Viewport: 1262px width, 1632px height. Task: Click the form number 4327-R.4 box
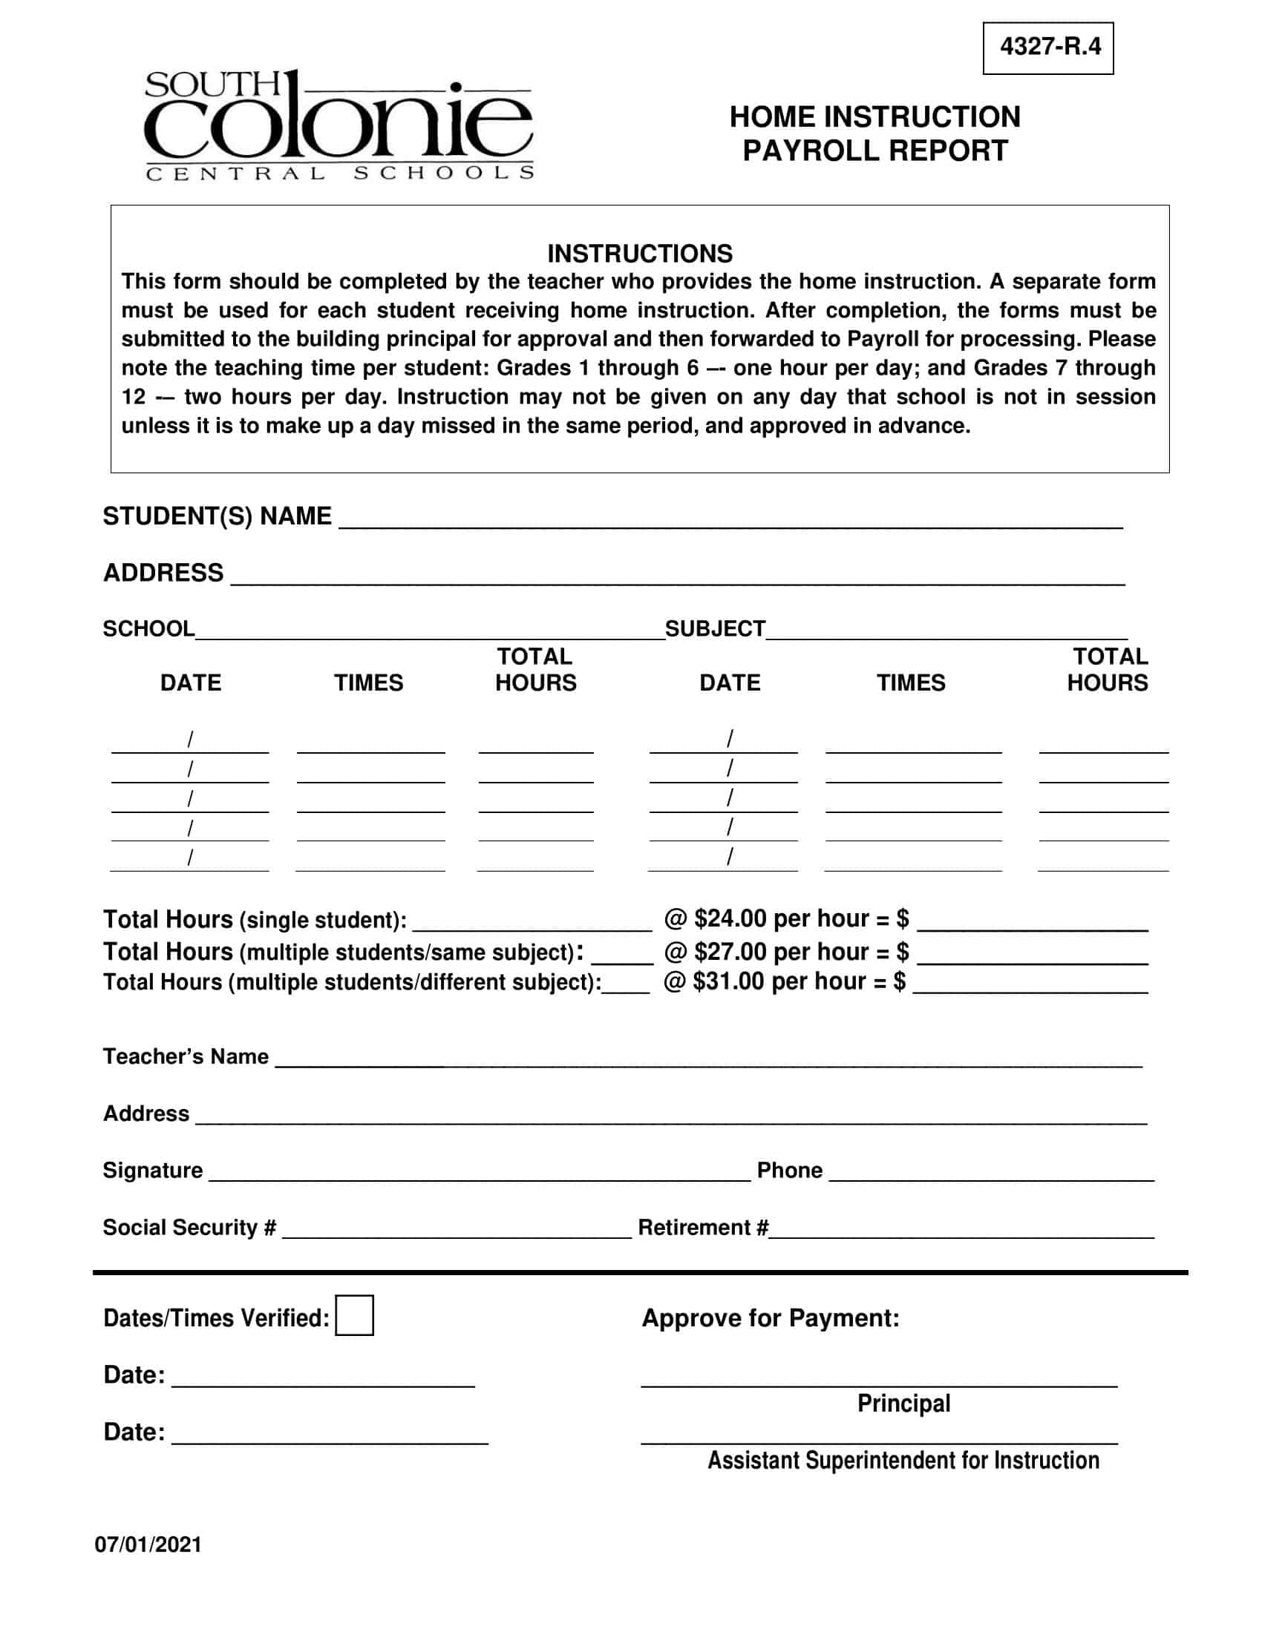(x=1047, y=47)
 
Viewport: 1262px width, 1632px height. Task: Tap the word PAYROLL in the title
(x=811, y=151)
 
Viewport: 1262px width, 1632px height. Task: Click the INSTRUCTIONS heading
(x=639, y=253)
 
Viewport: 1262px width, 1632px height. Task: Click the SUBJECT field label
(x=715, y=628)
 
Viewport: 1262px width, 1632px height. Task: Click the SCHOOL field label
(x=148, y=628)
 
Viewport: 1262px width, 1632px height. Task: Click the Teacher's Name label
(x=186, y=1056)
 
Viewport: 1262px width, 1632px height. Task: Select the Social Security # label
(x=189, y=1227)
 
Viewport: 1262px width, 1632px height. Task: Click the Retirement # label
(x=702, y=1227)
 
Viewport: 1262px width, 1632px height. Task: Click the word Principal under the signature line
(x=903, y=1403)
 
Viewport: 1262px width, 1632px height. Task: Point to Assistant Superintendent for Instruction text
(x=903, y=1459)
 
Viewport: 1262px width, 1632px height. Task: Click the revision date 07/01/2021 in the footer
(x=148, y=1544)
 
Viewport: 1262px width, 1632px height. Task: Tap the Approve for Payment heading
(x=770, y=1317)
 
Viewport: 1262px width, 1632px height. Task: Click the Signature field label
(x=152, y=1169)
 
